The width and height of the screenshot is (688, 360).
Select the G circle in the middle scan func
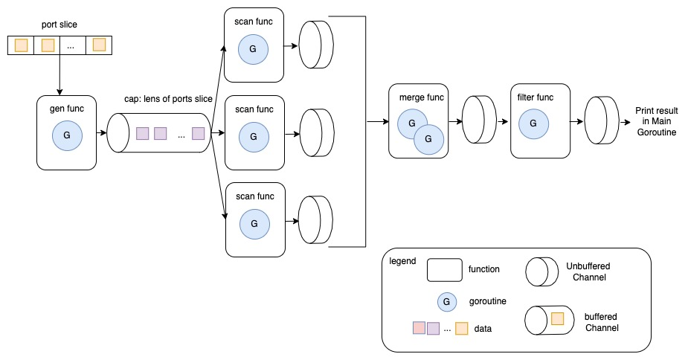253,136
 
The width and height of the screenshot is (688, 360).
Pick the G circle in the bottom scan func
253,222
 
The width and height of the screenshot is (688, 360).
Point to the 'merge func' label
420,97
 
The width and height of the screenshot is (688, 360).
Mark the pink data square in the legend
419,328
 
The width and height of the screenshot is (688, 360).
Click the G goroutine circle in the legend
446,301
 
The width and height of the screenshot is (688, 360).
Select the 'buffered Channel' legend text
602,322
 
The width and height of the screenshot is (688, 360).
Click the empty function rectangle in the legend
444,270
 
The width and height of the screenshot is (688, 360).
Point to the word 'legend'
402,261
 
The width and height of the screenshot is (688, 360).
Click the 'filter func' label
533,97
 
